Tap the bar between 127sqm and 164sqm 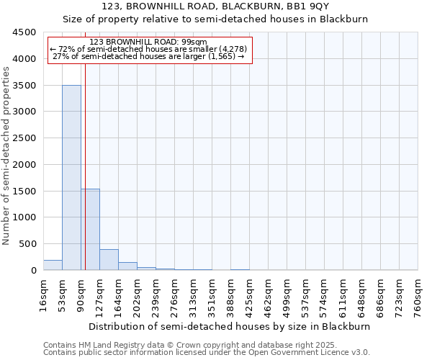[x=109, y=259]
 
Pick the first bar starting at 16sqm [x=53, y=265]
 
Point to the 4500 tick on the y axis [x=24, y=32]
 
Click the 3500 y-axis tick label [x=24, y=85]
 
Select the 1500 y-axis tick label [x=24, y=191]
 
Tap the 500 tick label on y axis [x=27, y=244]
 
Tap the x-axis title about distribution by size [x=230, y=326]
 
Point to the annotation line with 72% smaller [x=148, y=49]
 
